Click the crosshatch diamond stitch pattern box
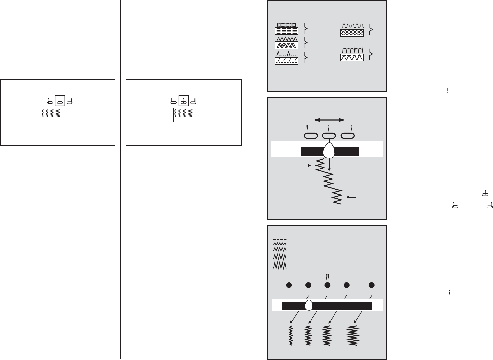pyautogui.click(x=352, y=33)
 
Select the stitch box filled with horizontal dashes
pyautogui.click(x=286, y=31)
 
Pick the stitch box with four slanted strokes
pyautogui.click(x=286, y=61)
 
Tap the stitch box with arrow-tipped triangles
pyautogui.click(x=352, y=58)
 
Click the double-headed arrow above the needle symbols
pyautogui.click(x=329, y=120)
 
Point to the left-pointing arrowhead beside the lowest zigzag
pyautogui.click(x=347, y=196)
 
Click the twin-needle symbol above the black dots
pyautogui.click(x=327, y=277)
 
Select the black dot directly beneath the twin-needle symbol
pyautogui.click(x=327, y=285)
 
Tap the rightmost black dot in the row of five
pyautogui.click(x=372, y=285)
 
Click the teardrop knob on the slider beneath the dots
pyautogui.click(x=309, y=305)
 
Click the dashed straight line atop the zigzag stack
pyautogui.click(x=280, y=239)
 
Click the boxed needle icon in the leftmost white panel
pyautogui.click(x=60, y=101)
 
